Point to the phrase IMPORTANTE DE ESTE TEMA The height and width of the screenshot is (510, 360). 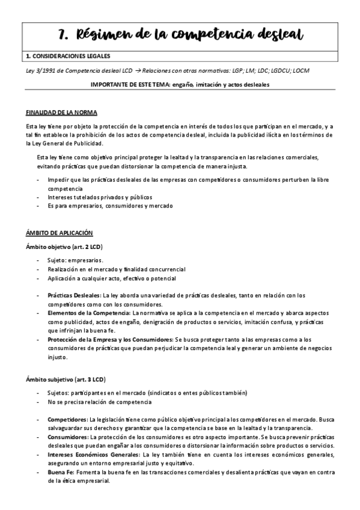[x=133, y=85]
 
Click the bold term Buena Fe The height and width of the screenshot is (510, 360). [x=61, y=473]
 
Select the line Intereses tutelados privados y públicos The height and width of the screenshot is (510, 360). [x=100, y=197]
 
